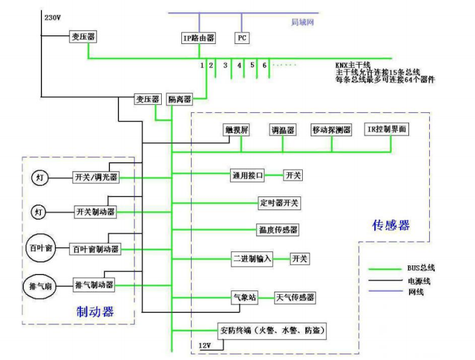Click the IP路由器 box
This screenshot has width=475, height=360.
pos(198,38)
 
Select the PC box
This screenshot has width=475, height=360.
pos(242,38)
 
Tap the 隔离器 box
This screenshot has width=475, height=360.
pos(179,99)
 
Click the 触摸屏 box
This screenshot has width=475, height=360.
pos(236,130)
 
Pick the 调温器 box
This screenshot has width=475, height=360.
pos(283,130)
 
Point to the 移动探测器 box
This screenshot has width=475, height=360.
pos(332,130)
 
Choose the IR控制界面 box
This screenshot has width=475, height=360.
pos(386,129)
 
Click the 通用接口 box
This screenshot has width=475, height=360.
pos(247,176)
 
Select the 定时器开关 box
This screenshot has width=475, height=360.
pos(279,203)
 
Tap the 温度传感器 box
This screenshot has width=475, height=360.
pos(278,230)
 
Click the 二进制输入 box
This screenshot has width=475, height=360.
pos(252,259)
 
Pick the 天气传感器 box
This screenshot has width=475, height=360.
pos(295,298)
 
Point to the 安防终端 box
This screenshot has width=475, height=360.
pos(272,331)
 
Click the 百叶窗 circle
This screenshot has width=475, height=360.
pos(40,248)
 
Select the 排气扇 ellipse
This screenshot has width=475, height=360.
pos(40,286)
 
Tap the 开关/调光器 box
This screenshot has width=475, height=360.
pos(96,177)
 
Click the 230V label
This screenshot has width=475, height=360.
pos(53,18)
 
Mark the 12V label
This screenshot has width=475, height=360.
pos(205,345)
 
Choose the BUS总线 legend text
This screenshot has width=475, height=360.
pos(421,268)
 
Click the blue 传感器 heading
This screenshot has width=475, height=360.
pos(391,225)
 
